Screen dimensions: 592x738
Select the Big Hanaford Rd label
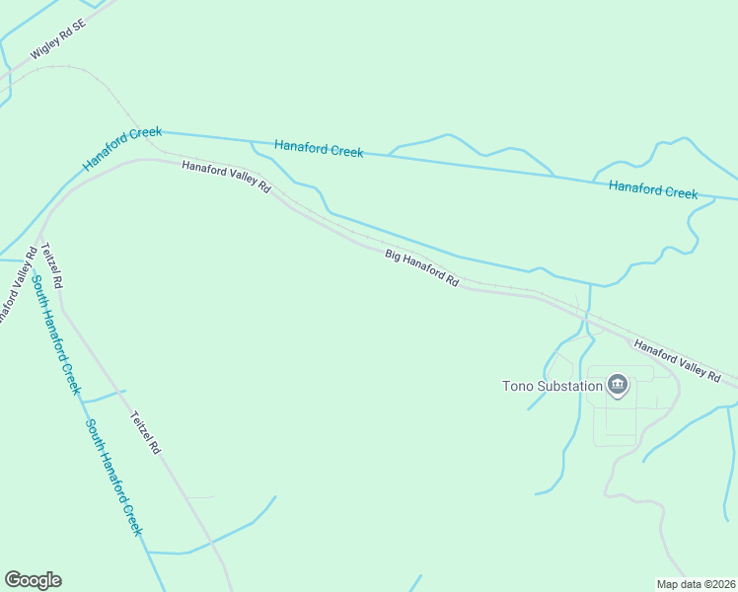(422, 267)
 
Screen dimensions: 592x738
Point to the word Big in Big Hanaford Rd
(394, 256)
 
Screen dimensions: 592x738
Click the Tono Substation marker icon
(618, 385)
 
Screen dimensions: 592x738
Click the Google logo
(33, 580)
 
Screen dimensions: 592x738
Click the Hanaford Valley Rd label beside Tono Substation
(677, 359)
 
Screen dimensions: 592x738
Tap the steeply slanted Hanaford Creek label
(121, 149)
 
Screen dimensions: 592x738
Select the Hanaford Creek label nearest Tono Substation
(653, 188)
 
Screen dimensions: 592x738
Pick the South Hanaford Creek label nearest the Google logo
(112, 478)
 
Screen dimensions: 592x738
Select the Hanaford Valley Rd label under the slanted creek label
(225, 178)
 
